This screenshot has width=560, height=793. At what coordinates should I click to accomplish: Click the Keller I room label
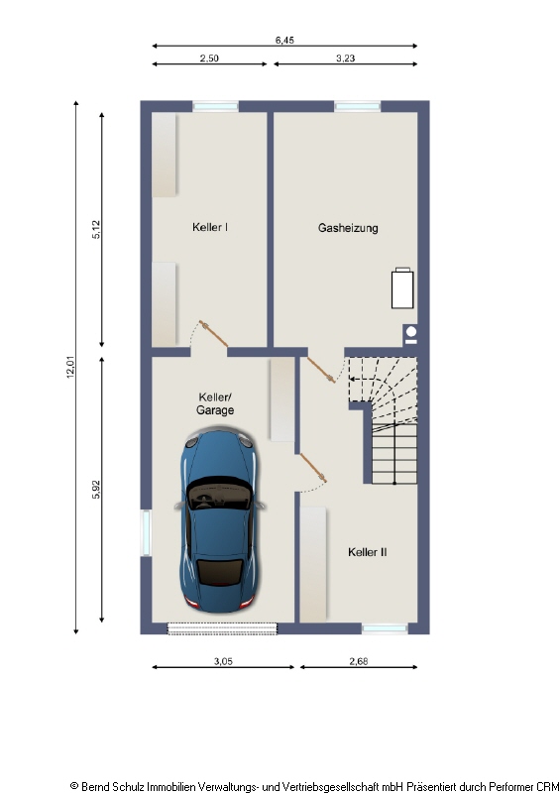coord(210,227)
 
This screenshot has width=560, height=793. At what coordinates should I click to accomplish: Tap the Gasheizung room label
coord(348,227)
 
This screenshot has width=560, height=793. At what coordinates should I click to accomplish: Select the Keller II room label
coord(367,552)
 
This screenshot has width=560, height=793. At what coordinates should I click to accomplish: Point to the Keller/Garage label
coord(215,403)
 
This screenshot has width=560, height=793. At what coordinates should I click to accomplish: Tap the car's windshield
coord(219,491)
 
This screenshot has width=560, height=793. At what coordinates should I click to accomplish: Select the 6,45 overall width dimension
coord(284,41)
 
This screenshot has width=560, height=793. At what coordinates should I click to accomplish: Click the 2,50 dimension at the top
coord(209,58)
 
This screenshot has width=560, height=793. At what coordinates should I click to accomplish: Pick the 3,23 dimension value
coord(346,58)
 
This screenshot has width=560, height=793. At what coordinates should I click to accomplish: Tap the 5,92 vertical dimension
coord(96,490)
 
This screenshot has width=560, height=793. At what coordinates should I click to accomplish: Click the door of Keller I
coord(207,333)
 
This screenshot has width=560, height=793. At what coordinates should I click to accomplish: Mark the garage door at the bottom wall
coord(222,627)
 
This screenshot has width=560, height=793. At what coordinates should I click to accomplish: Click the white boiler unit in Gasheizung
coord(403,288)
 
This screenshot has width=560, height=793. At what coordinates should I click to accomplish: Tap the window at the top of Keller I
coord(215,106)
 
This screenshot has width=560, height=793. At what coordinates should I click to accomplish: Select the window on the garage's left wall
coord(146,533)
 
